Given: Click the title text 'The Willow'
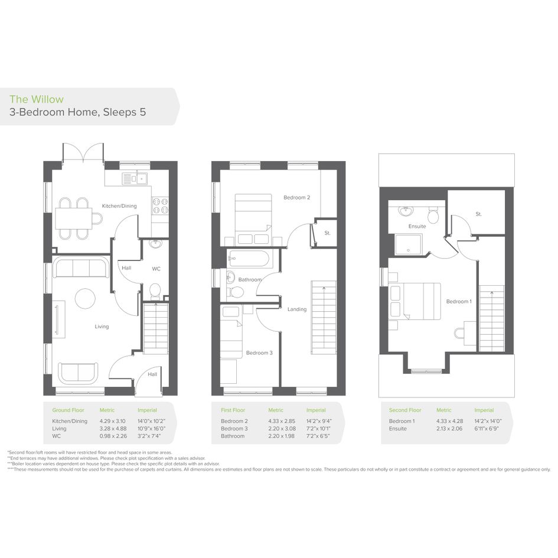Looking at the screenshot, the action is point(37,99).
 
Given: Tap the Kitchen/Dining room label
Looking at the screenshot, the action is point(119,205).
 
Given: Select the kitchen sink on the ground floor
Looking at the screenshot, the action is point(135,178).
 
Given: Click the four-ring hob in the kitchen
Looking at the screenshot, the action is point(160,205).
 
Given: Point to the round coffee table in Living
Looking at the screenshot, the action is point(85,298).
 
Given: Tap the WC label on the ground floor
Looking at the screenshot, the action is point(156,269).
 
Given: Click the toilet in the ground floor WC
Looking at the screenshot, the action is point(155,291).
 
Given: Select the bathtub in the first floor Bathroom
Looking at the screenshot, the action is point(249,259).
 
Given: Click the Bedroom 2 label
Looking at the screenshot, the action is point(297,197).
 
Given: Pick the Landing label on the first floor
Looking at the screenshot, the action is point(297,309).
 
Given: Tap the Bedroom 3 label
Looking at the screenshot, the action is point(259,353).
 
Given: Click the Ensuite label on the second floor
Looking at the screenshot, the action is point(417,226).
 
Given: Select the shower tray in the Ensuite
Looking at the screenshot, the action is point(409,244).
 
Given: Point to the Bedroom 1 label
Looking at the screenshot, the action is point(459,301).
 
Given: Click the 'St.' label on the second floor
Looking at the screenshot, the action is point(479,214).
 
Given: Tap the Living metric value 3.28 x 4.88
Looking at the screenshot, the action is point(113,429).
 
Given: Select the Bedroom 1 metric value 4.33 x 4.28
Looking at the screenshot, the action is point(449,421).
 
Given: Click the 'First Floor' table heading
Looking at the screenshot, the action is point(233,410).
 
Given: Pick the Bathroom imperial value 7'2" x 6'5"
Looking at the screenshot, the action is point(319,436).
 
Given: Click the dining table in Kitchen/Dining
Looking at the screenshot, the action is point(73,218).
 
